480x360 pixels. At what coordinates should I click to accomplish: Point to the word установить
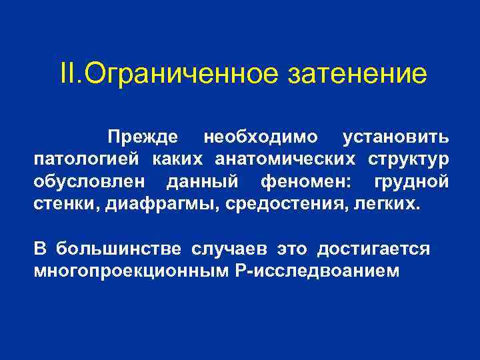point(395,137)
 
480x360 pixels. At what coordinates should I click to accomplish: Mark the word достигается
point(373,249)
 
